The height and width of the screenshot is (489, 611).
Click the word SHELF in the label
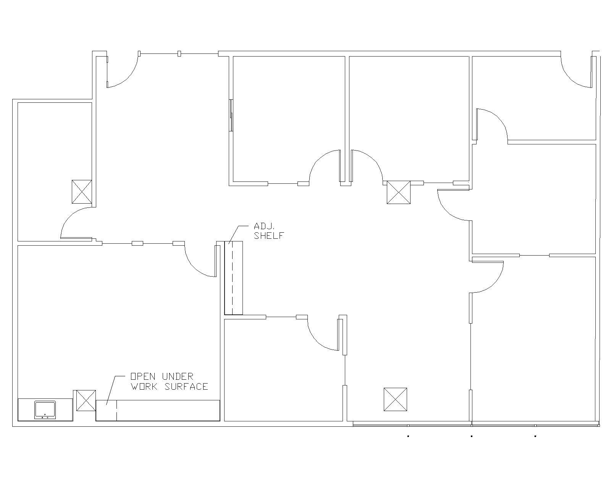269,236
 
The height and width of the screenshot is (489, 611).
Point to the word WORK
144,387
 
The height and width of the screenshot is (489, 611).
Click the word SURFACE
186,387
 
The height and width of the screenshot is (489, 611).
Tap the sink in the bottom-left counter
45,410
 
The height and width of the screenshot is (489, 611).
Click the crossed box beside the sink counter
86,400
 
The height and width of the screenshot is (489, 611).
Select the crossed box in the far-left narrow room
82,192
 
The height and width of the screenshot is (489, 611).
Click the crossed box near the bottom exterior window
395,400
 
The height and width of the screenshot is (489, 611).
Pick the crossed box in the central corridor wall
398,192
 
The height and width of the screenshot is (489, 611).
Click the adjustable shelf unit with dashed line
233,278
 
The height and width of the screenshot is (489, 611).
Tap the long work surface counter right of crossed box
168,410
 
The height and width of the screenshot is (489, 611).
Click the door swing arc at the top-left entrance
126,76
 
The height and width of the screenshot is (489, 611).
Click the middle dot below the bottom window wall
472,436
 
